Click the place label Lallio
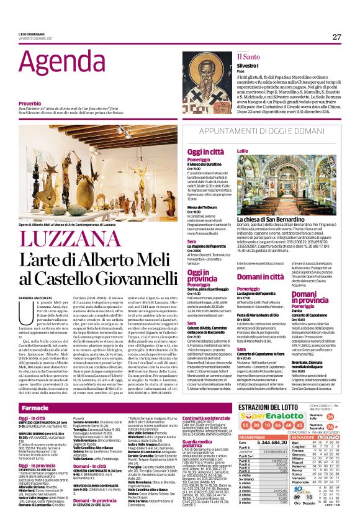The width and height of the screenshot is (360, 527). click(242, 150)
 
